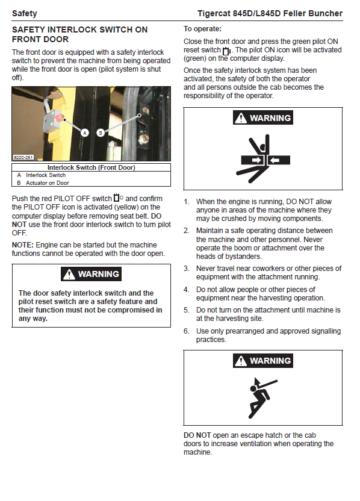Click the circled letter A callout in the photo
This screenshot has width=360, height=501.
(x=85, y=133)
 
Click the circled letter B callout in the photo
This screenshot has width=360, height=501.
(x=101, y=133)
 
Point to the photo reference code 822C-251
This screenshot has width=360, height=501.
(x=23, y=158)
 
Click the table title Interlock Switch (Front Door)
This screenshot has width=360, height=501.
(x=92, y=167)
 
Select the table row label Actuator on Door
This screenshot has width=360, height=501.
(x=48, y=183)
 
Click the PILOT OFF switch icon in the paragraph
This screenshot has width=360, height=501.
(x=119, y=198)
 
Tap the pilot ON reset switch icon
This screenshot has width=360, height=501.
(x=227, y=51)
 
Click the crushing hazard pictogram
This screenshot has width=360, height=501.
(x=263, y=158)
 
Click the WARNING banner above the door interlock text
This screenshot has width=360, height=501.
(x=92, y=274)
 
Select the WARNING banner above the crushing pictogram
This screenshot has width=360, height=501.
(x=263, y=118)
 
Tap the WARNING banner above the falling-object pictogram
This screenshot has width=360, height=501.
(x=263, y=361)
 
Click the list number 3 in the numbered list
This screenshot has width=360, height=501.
(x=187, y=269)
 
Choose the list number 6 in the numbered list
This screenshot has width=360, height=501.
(x=187, y=331)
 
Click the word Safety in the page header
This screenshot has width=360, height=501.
(x=25, y=13)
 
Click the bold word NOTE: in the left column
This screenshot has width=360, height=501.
(x=23, y=245)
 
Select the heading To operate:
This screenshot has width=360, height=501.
(x=202, y=29)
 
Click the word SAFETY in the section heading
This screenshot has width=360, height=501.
(x=28, y=30)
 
